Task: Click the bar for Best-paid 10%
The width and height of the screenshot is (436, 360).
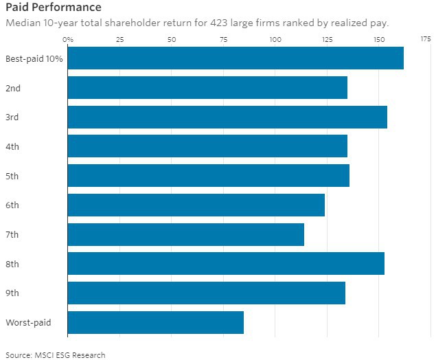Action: [x=236, y=58]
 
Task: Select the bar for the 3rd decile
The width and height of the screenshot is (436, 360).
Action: [x=227, y=117]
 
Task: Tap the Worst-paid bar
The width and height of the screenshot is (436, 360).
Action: [x=156, y=322]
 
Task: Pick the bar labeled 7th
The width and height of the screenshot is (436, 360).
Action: [x=186, y=234]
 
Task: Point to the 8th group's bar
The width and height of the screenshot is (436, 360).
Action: [x=226, y=264]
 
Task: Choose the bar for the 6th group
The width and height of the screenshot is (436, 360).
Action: [x=196, y=205]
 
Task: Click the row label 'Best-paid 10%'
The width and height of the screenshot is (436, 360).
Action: [x=34, y=58]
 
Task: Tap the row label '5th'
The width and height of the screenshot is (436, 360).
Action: [x=12, y=176]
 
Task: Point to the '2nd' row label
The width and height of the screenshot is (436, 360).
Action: [x=12, y=88]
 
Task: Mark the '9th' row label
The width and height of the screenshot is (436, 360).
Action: [x=12, y=293]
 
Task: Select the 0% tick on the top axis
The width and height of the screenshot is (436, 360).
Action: [x=68, y=39]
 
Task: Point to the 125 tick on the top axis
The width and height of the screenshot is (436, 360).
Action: [x=328, y=39]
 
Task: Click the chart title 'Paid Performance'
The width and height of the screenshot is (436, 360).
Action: [x=53, y=8]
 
